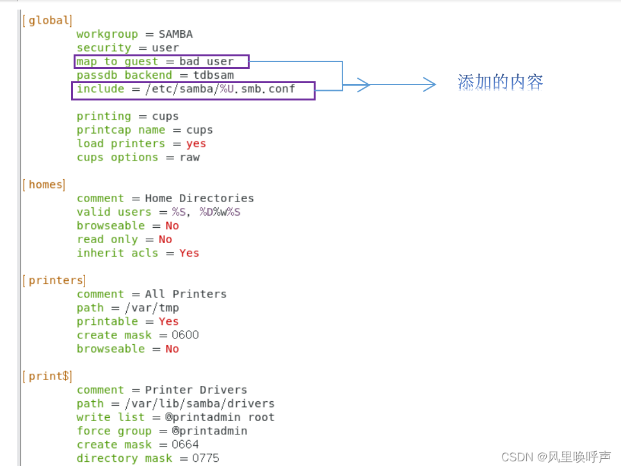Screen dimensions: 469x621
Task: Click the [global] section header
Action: [47, 20]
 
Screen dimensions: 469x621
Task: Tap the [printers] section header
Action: [54, 281]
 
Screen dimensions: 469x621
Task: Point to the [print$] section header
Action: [47, 376]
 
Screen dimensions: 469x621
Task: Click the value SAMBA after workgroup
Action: [175, 34]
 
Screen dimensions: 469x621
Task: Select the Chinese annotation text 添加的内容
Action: [500, 82]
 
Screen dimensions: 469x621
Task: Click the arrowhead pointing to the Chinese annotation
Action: [430, 84]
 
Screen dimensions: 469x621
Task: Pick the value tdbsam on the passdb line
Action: [214, 76]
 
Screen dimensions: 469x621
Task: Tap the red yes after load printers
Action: [196, 144]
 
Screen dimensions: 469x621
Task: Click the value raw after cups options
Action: [190, 157]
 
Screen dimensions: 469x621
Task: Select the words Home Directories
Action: [199, 198]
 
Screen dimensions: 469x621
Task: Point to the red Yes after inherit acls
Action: [189, 253]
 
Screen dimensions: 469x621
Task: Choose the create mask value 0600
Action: [185, 335]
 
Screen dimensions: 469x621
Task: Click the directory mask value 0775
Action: [206, 458]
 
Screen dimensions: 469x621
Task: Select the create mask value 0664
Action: [185, 445]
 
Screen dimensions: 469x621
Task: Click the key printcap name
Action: [121, 130]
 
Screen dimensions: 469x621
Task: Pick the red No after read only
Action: [165, 239]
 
